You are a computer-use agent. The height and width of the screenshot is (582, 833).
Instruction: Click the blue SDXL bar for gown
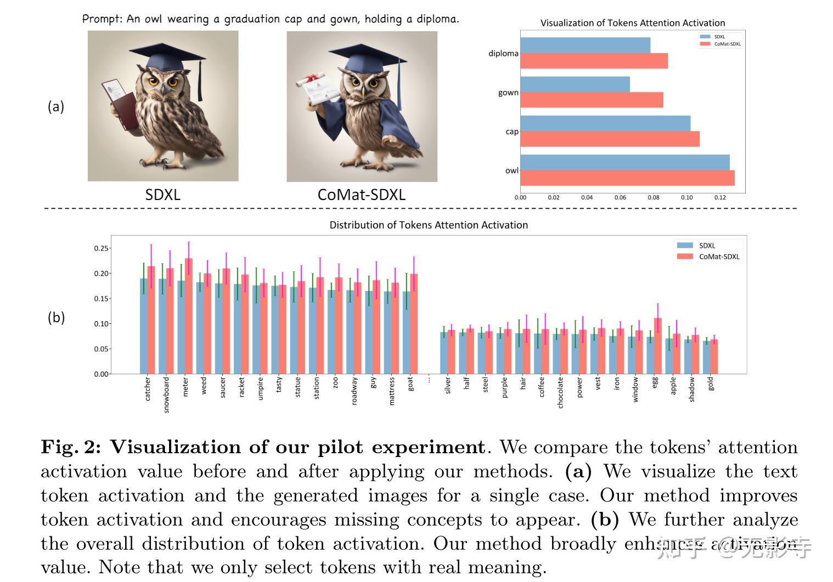[574, 84]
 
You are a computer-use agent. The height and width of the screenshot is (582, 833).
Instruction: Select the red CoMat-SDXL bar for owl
[627, 178]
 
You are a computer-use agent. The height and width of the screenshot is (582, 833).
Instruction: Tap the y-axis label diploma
[503, 53]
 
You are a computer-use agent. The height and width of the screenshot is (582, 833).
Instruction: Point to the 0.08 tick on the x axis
[653, 197]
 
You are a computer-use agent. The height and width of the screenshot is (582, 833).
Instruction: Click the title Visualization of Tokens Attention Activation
[632, 23]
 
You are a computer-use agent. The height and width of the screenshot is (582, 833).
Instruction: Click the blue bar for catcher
[144, 326]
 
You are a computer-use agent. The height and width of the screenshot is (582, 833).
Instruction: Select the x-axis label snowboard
[166, 395]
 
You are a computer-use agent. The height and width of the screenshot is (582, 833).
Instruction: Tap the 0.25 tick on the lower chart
[101, 248]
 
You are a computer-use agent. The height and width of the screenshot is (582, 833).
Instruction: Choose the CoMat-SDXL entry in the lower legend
[719, 256]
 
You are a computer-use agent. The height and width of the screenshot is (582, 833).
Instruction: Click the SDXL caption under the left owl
[162, 195]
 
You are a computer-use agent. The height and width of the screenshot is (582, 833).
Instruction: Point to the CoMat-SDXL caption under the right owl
[361, 195]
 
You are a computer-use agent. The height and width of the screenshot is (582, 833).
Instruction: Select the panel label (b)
[56, 317]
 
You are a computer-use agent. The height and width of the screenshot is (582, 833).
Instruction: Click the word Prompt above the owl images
[103, 19]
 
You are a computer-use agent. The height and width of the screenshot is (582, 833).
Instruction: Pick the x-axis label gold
[711, 383]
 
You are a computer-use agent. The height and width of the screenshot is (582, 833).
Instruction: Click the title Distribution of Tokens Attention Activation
[428, 225]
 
